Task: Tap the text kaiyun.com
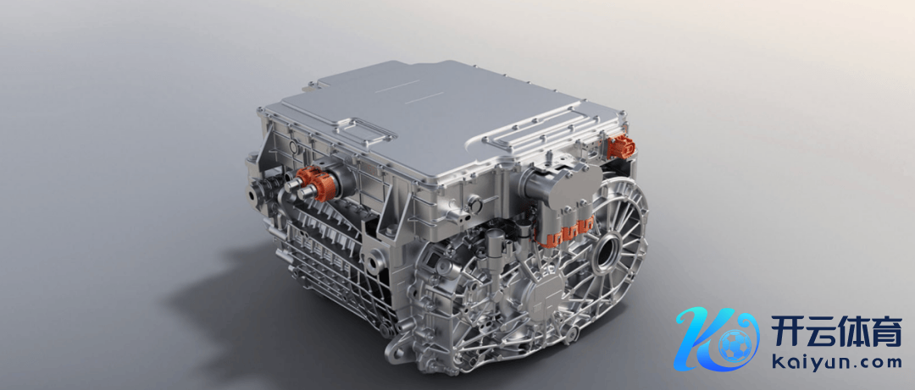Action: pos(837,363)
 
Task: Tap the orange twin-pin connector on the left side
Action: pos(314,183)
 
